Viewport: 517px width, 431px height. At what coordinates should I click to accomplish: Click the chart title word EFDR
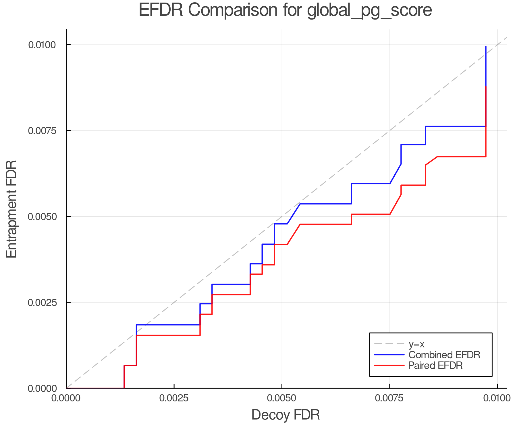[161, 10]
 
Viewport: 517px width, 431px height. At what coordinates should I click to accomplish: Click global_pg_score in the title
[369, 11]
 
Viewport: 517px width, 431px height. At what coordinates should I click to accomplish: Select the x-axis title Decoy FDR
[285, 415]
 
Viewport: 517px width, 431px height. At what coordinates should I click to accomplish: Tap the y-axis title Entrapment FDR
[11, 209]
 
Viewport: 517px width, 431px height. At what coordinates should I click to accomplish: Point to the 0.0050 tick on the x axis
[282, 398]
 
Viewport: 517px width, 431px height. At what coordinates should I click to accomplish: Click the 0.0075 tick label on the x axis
[389, 398]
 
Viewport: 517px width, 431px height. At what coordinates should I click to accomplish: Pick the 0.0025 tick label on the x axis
[174, 398]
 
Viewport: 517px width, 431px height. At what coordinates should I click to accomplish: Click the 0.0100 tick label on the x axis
[497, 398]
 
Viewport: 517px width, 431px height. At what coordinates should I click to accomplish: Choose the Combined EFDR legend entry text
[444, 355]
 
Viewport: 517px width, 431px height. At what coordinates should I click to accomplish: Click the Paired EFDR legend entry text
[435, 365]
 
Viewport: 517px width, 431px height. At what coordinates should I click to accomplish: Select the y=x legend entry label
[416, 344]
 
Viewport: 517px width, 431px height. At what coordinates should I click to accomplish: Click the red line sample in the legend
[389, 365]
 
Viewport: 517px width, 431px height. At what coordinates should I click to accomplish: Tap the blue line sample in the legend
[389, 355]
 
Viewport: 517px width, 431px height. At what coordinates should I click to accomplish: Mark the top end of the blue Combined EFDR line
[486, 47]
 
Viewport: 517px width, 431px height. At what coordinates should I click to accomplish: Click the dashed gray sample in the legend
[389, 344]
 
